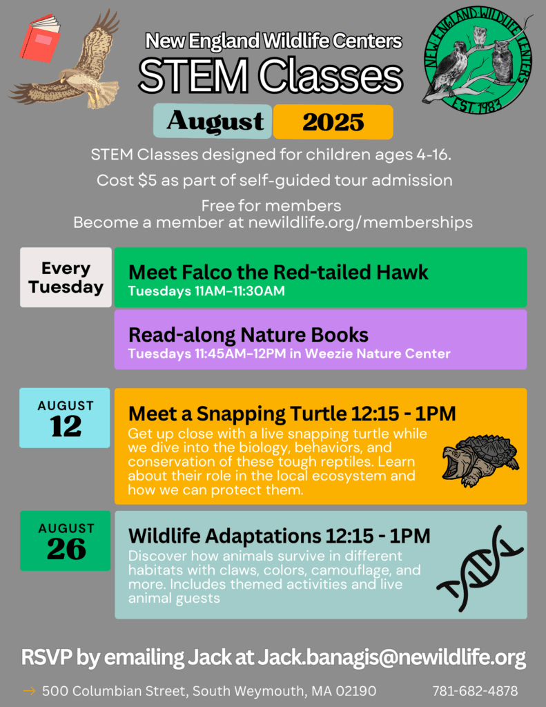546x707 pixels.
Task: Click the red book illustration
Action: [41, 39]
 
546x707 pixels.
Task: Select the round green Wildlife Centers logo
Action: [478, 61]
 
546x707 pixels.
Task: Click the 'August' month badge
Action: [213, 121]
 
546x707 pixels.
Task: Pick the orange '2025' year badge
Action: [333, 122]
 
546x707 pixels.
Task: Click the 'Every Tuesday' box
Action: [66, 278]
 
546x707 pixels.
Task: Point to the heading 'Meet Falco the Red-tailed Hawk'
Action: [278, 272]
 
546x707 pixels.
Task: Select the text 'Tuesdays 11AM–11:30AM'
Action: [206, 291]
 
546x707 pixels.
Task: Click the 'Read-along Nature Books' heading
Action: [248, 335]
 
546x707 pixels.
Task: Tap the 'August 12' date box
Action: [64, 418]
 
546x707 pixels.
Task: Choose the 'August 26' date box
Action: [66, 541]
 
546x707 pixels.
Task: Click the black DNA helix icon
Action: [479, 568]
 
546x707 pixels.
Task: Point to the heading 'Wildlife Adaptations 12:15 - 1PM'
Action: [279, 536]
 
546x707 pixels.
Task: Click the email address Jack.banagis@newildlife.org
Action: [392, 657]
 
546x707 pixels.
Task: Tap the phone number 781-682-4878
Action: [475, 690]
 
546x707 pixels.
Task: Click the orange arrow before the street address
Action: [29, 690]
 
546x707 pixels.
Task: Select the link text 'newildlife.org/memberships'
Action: [360, 222]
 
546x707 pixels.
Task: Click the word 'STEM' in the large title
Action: [193, 76]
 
